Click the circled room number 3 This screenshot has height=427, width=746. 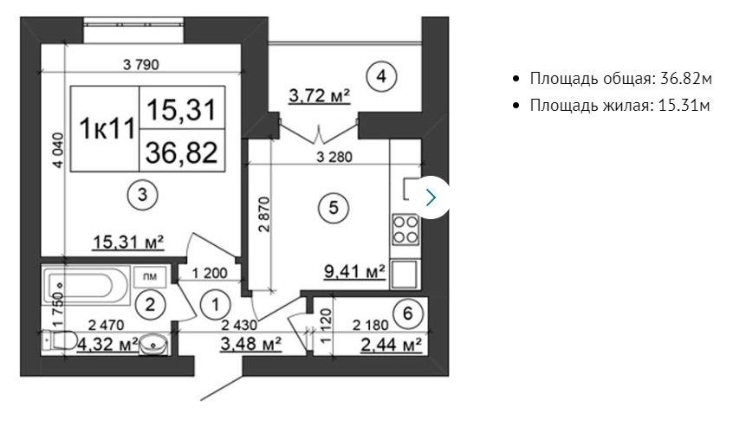142,195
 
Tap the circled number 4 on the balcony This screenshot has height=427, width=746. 381,76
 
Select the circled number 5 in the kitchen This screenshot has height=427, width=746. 333,208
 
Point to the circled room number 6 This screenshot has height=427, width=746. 408,314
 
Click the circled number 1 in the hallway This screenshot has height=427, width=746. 216,305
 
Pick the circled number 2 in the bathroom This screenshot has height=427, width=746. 150,304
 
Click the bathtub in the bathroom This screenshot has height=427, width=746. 86,286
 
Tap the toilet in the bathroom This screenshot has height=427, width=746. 60,340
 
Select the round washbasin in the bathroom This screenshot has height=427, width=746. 153,344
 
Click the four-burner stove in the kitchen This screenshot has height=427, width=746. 405,230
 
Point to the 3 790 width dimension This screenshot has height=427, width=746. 141,64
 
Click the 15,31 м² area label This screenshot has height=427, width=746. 128,243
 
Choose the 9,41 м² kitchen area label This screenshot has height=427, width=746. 354,271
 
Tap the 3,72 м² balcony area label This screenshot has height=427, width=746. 320,95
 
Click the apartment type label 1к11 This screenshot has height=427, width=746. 107,128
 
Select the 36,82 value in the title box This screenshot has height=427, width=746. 182,152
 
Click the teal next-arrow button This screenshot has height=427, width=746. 431,197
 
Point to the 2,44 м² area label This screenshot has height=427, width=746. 391,344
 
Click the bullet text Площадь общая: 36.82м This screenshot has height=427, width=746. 621,79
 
